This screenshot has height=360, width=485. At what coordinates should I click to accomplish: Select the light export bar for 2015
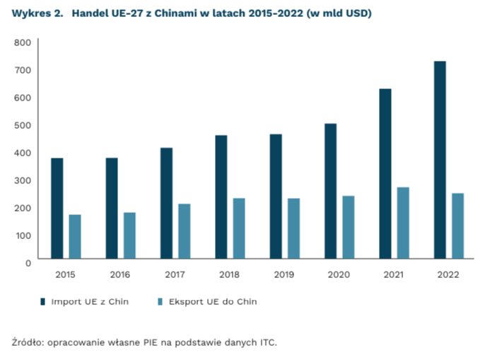pyautogui.click(x=75, y=236)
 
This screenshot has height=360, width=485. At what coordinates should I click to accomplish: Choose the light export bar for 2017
pyautogui.click(x=184, y=231)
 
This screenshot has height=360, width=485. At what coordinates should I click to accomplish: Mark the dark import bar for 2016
pyautogui.click(x=112, y=208)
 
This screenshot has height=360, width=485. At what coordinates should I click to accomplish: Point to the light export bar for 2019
pyautogui.click(x=293, y=228)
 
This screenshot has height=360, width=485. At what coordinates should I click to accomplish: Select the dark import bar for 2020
pyautogui.click(x=330, y=191)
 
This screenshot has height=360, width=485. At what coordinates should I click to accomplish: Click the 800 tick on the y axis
pyautogui.click(x=23, y=42)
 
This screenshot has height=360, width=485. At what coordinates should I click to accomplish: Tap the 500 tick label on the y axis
pyautogui.click(x=23, y=125)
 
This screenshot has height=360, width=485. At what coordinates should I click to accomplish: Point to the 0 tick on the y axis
pyautogui.click(x=28, y=262)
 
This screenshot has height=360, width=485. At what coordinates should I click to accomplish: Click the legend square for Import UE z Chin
pyautogui.click(x=42, y=301)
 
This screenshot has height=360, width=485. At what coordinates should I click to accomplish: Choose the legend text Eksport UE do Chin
pyautogui.click(x=211, y=301)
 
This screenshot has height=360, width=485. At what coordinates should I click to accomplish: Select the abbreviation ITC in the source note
pyautogui.click(x=267, y=342)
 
